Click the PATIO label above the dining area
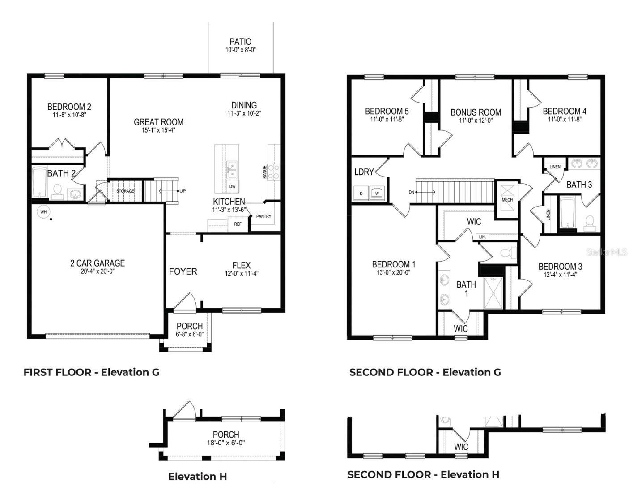point(240,42)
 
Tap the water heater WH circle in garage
point(44,212)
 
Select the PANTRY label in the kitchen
point(263,216)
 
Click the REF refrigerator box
point(238,224)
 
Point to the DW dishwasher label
point(232,186)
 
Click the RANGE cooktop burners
point(273,172)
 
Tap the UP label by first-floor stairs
point(183,191)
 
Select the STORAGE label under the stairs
point(125,191)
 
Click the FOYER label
point(183,271)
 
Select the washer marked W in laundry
point(377,193)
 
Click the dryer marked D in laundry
point(361,193)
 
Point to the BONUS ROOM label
point(476,112)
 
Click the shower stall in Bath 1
point(493,293)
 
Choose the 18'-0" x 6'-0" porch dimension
point(226,443)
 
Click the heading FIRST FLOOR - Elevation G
point(91,372)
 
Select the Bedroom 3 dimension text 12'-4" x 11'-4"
point(560,275)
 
